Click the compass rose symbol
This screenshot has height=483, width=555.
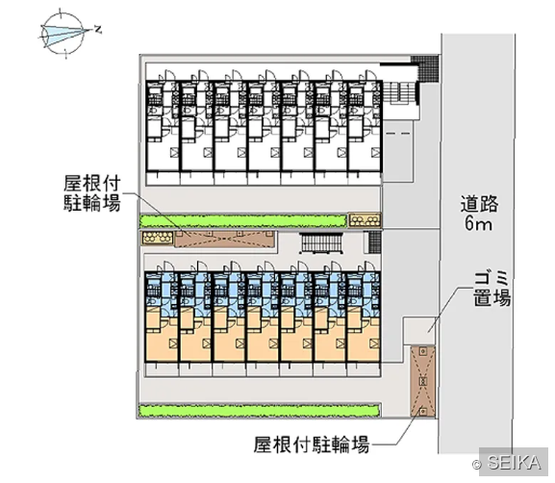click(x=63, y=34)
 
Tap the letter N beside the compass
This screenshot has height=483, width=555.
click(x=98, y=30)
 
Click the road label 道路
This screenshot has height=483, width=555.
click(x=479, y=203)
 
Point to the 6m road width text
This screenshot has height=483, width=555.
click(x=478, y=223)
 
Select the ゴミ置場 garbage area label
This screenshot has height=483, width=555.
click(x=492, y=288)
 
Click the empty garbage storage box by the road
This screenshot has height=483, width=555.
click(x=419, y=330)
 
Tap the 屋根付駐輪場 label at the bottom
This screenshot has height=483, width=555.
click(x=312, y=445)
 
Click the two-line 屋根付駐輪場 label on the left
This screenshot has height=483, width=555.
click(x=92, y=193)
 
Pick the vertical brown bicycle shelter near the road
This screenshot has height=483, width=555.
click(x=422, y=381)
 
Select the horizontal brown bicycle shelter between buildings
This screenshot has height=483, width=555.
click(x=225, y=239)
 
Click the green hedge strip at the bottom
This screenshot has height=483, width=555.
click(x=259, y=411)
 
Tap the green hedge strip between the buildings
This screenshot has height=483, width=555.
click(x=242, y=221)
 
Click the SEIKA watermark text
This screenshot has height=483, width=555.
click(x=514, y=463)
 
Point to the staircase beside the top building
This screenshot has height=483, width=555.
click(x=399, y=92)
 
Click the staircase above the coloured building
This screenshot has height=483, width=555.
click(x=321, y=243)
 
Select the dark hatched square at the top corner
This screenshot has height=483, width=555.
click(x=424, y=68)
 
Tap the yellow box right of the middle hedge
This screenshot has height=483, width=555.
click(x=366, y=220)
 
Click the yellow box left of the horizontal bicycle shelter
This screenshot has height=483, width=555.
click(x=158, y=238)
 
